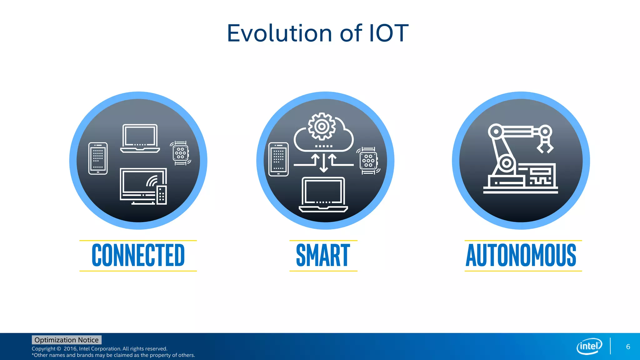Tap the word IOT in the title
[x=389, y=33]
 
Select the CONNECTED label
[x=138, y=256]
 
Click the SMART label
[x=323, y=256]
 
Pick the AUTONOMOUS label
[x=521, y=256]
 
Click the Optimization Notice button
[x=67, y=340]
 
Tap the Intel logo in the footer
[x=589, y=346]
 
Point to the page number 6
[x=628, y=347]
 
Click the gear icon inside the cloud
[x=322, y=127]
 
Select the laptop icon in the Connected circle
[x=140, y=138]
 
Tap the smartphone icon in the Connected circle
[x=98, y=158]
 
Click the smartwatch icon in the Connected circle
[x=181, y=153]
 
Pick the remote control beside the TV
[x=162, y=195]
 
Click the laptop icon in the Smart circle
[x=323, y=194]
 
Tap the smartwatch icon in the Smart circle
[x=368, y=161]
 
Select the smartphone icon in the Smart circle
[x=278, y=159]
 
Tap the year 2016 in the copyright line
[x=70, y=349]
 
